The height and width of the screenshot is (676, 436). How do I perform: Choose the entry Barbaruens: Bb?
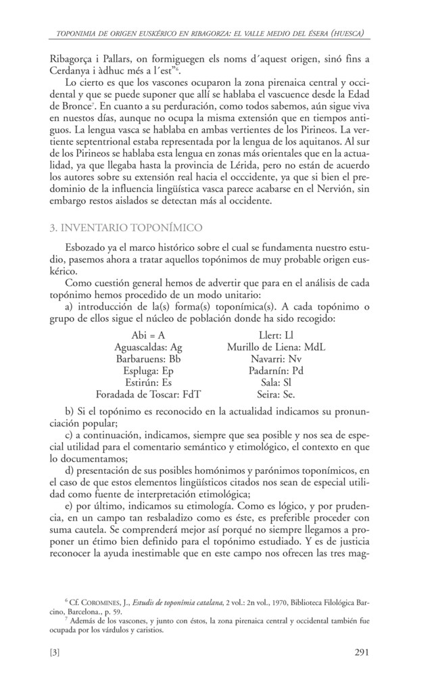point(149,360)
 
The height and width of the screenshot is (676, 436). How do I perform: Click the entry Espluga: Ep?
point(149,371)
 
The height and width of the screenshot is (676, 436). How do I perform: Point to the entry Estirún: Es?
point(149,383)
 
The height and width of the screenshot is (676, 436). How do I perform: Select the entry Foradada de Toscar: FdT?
point(149,394)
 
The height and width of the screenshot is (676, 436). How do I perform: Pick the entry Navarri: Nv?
point(276,360)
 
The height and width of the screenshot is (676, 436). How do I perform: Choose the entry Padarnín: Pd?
point(276,371)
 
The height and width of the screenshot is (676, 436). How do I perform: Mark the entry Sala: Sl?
point(276,383)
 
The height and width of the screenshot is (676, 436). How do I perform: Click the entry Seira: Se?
point(276,394)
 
